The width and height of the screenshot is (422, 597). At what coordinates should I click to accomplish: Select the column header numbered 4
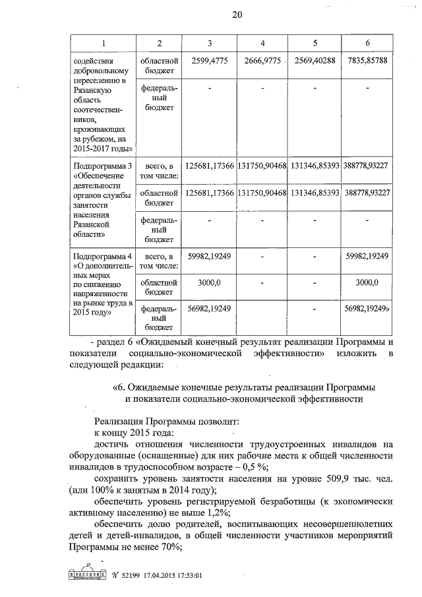(x=262, y=44)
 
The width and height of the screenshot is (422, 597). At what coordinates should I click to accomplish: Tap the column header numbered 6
(x=367, y=44)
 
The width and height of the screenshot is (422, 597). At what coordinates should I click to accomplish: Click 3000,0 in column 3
(x=210, y=282)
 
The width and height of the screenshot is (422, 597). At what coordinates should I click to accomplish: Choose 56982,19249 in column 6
(x=367, y=308)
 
